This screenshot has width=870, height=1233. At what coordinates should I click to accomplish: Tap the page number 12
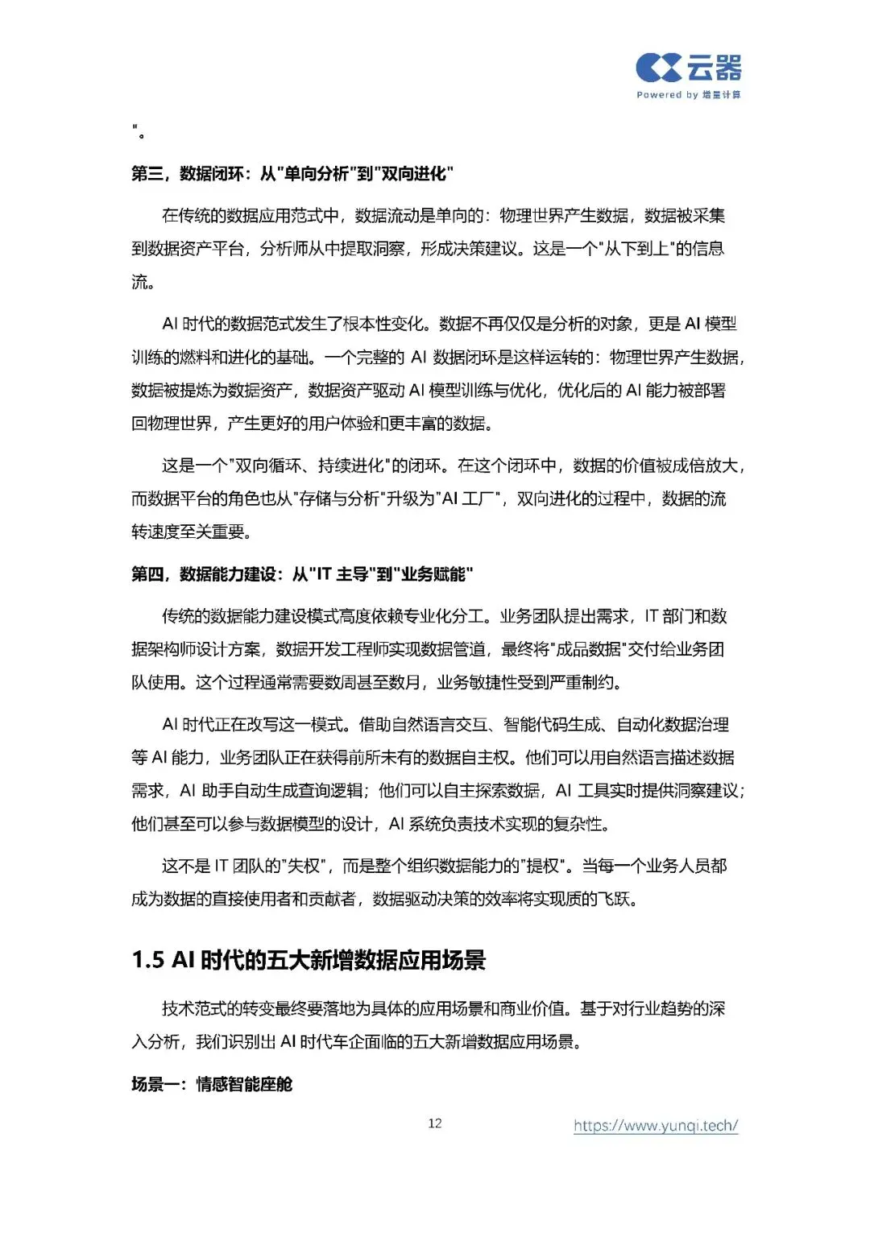435,1123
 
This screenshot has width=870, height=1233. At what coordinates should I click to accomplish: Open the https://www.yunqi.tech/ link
656,1125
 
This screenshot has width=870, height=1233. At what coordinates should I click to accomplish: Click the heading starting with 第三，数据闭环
292,173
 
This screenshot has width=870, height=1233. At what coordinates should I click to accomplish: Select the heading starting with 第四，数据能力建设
302,574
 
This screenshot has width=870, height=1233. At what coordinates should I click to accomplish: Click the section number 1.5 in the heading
148,960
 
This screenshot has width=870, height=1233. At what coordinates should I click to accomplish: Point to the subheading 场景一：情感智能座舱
212,1084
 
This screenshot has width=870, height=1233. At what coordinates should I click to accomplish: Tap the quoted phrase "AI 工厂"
470,499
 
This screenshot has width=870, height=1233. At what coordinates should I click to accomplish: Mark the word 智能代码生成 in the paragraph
552,724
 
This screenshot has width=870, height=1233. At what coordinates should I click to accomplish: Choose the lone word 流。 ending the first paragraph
143,282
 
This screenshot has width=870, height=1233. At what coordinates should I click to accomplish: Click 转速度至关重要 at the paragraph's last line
192,532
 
